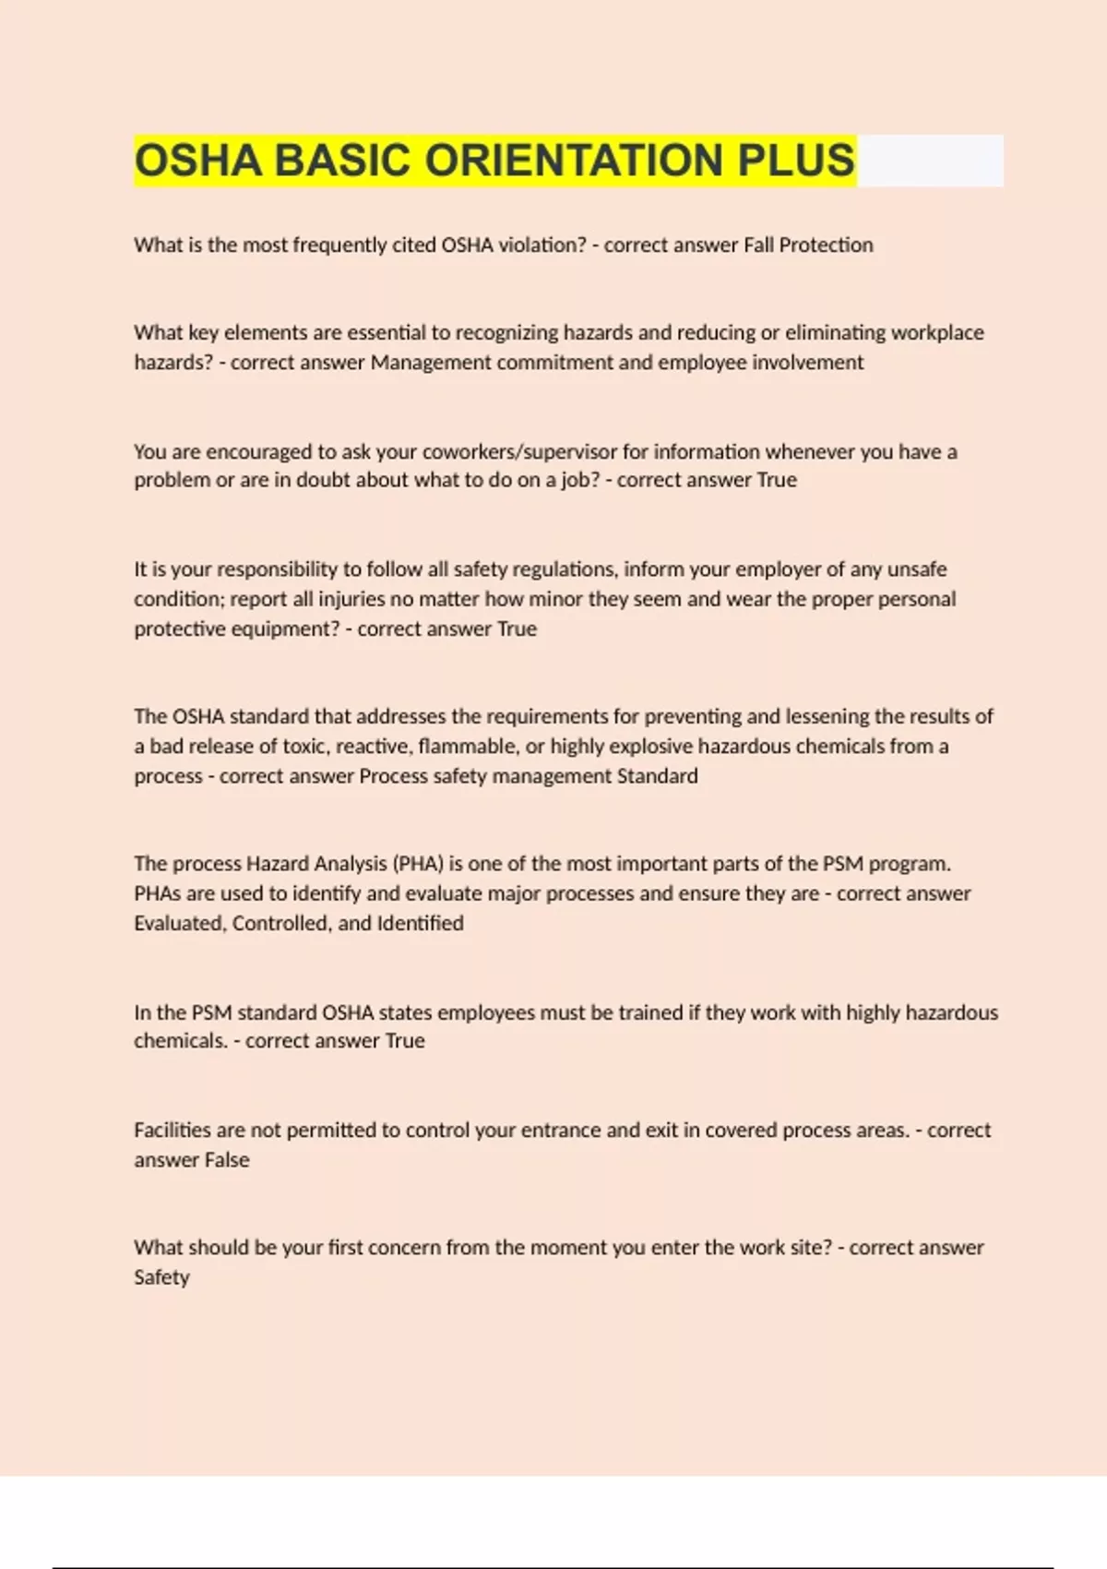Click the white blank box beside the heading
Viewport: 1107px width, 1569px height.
(930, 161)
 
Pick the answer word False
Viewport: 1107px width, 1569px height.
(226, 1160)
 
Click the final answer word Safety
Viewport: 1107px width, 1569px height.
(161, 1277)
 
